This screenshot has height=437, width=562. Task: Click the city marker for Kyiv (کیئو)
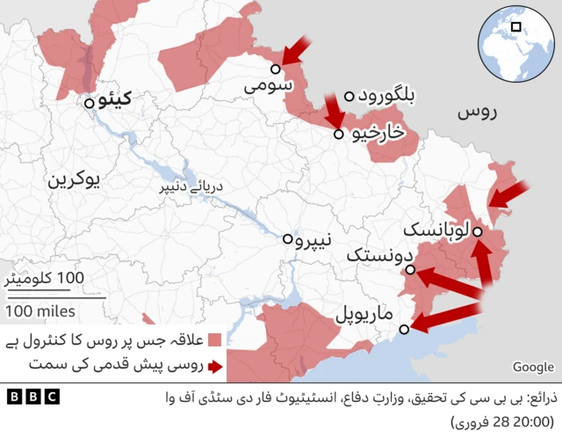tap(90, 103)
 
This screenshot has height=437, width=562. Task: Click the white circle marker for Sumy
tap(276, 68)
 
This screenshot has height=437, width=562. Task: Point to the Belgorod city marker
tap(349, 96)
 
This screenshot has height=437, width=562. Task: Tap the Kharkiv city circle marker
tap(339, 135)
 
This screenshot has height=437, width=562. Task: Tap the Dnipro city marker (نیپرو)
tap(287, 238)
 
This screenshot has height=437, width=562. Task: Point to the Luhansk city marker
tap(477, 231)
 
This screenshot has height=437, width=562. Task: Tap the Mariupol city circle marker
tap(404, 330)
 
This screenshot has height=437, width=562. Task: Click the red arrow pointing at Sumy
tap(298, 51)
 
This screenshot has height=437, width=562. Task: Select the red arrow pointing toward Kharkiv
tap(334, 111)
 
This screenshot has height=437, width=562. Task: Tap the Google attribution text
tap(533, 368)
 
